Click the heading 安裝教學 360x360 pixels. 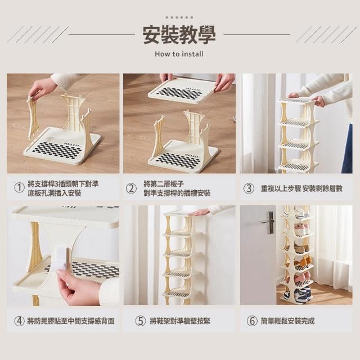click(x=179, y=35)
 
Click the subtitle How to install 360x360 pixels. click(x=179, y=54)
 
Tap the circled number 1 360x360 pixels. click(x=19, y=188)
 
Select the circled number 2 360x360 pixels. click(x=131, y=188)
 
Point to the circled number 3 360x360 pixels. click(x=249, y=188)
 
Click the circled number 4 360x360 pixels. click(x=19, y=321)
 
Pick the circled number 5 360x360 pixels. click(x=141, y=321)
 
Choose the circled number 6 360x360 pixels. click(x=252, y=321)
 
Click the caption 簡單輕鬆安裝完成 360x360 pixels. click(x=287, y=321)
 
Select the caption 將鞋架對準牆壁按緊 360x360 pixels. click(x=180, y=321)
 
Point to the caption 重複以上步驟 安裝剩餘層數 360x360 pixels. click(x=301, y=188)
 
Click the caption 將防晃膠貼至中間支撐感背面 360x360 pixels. click(x=71, y=321)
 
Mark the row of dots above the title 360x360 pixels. click(x=179, y=17)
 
